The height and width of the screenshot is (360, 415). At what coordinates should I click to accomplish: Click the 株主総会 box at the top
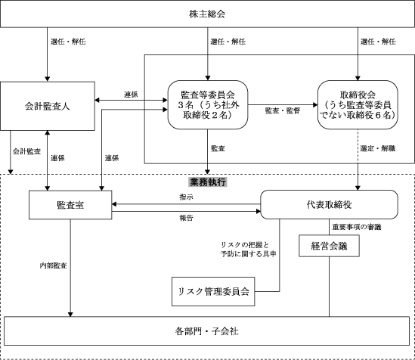tap(207, 14)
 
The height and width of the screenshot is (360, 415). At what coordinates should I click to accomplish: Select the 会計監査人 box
tap(48, 106)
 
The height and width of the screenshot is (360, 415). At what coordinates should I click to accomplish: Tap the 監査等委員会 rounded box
tap(208, 105)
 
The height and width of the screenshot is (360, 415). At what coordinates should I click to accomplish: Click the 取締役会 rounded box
tap(358, 105)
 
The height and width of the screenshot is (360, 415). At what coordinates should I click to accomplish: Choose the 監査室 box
tap(70, 205)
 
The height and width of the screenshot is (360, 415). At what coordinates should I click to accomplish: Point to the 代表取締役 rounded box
tap(330, 204)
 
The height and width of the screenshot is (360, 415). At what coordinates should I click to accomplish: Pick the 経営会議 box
tap(330, 246)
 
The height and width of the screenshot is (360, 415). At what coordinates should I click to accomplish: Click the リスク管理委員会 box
tap(213, 291)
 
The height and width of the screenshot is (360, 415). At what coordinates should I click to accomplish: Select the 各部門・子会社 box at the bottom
tap(206, 331)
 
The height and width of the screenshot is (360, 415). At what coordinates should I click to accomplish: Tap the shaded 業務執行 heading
tap(208, 182)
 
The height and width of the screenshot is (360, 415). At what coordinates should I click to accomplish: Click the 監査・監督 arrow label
tap(283, 110)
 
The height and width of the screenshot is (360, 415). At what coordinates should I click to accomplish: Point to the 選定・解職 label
tap(378, 148)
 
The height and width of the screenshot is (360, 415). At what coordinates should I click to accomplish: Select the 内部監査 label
tap(53, 265)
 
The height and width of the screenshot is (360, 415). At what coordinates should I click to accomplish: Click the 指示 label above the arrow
tap(186, 197)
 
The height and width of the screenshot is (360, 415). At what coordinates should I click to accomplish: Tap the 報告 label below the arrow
tap(186, 218)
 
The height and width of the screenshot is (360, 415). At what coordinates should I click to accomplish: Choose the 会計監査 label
tap(26, 151)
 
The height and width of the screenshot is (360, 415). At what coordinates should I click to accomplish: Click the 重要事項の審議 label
tap(357, 227)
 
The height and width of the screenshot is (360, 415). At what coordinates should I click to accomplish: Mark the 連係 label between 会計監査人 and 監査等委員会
tap(131, 95)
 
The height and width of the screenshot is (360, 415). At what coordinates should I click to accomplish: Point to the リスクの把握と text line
tap(245, 244)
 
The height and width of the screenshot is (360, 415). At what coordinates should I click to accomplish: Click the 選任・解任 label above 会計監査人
tap(68, 42)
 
